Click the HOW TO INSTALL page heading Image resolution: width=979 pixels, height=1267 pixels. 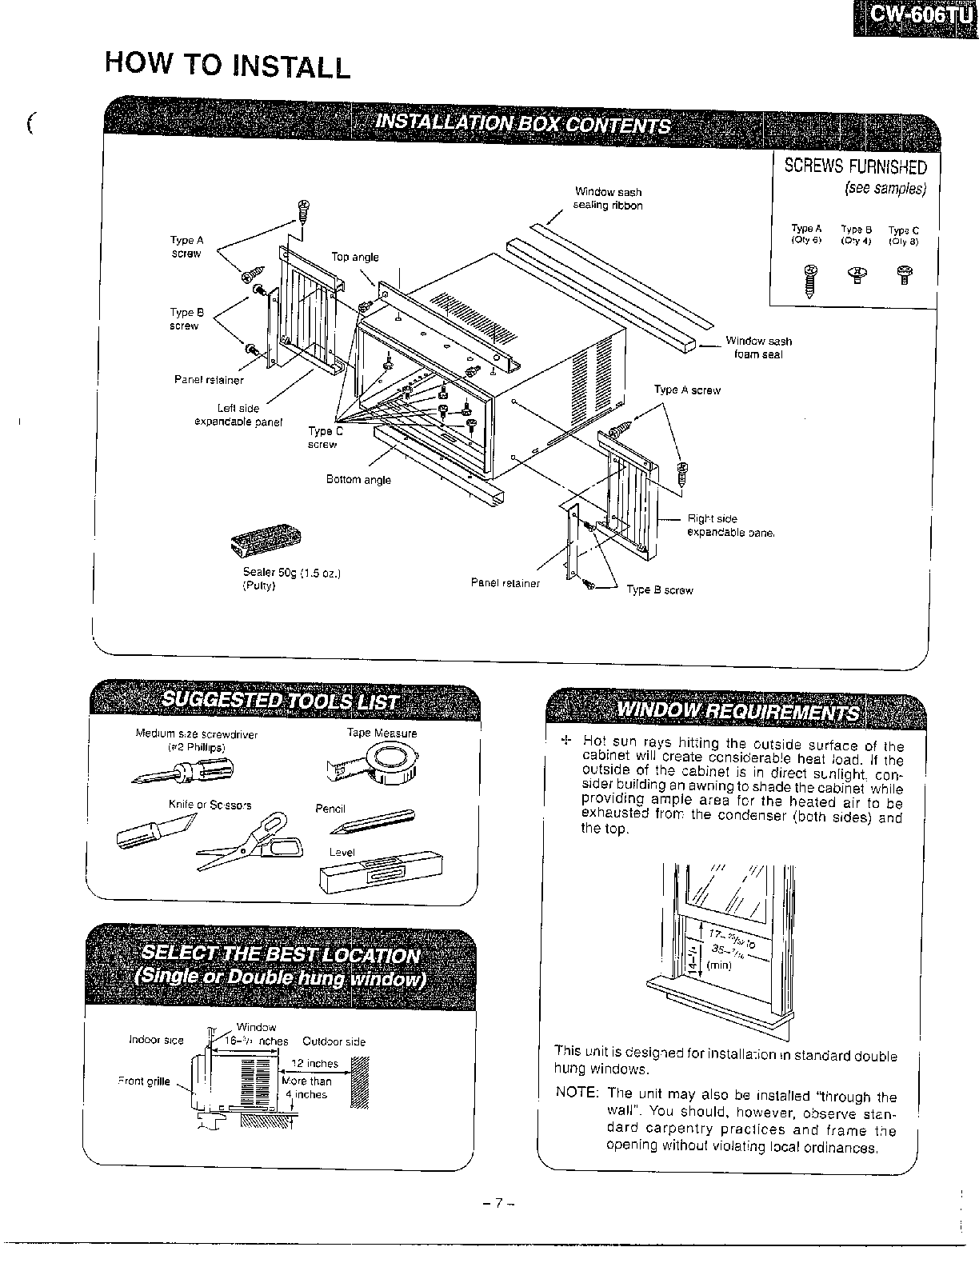[228, 65]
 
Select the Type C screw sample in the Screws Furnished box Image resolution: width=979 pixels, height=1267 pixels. [904, 274]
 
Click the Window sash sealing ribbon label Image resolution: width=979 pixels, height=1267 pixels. [608, 198]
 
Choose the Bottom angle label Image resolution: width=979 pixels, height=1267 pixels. [358, 480]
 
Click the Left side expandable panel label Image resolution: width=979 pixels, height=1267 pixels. [239, 415]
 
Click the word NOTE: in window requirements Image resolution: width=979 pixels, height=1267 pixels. [577, 1093]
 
